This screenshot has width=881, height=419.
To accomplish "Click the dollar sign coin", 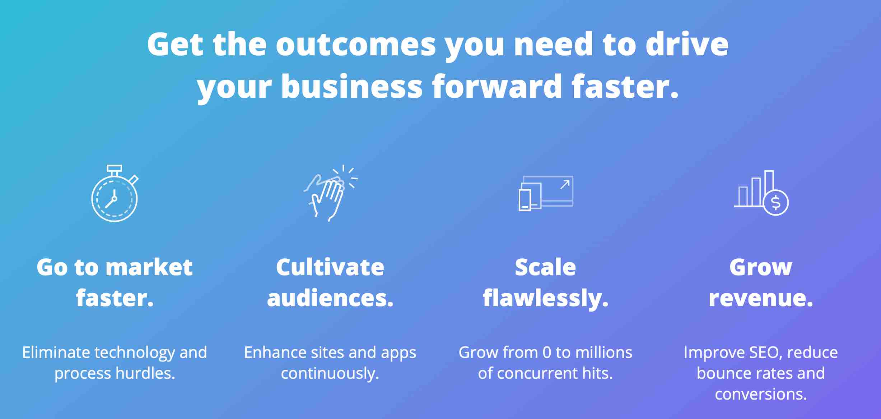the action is click(776, 203).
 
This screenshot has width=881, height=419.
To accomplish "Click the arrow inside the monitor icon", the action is click(565, 185).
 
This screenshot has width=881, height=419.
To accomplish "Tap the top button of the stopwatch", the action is click(115, 168).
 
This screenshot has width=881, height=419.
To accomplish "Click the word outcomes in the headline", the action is click(355, 45).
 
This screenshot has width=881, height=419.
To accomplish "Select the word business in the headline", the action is click(352, 87).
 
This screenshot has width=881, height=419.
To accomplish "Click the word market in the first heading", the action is click(149, 267).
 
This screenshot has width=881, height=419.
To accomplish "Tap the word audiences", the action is click(330, 298).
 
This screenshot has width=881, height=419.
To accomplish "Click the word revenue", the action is click(761, 299).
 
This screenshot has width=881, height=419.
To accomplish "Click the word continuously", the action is click(330, 374).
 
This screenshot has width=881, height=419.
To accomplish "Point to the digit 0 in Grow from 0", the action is click(547, 353).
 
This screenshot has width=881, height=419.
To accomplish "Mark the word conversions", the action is click(761, 394).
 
